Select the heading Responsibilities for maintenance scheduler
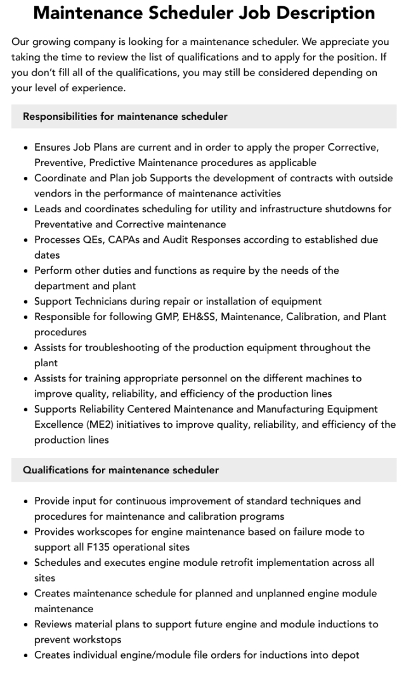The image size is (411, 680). (125, 117)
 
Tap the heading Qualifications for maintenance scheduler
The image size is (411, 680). (121, 470)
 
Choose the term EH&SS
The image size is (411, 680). (199, 317)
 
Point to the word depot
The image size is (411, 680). (345, 655)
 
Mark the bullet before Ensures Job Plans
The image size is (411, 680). (26, 148)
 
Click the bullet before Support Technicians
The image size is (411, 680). (26, 302)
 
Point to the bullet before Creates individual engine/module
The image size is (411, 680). (26, 655)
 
